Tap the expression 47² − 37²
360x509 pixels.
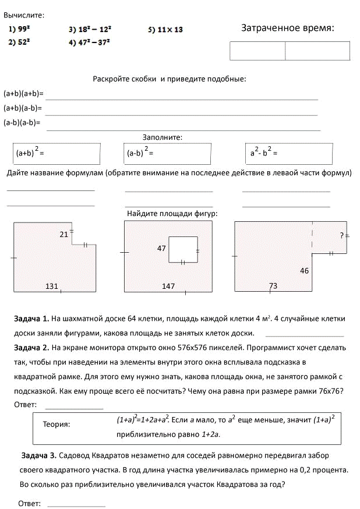pos(94,42)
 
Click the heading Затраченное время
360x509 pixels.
pos(288,28)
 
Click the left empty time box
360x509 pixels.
pos(257,51)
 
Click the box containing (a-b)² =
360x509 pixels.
pos(168,154)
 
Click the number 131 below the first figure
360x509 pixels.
pos(52,286)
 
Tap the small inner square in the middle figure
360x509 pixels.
pos(183,249)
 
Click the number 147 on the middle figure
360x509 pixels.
pos(168,286)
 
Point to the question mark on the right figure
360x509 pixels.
pos(342,236)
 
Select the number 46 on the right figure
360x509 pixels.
pos(304,271)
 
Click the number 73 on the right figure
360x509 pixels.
pos(273,286)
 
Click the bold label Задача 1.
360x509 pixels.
pos(31,319)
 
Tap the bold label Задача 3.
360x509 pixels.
pos(38,455)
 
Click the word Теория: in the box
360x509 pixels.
pos(57,424)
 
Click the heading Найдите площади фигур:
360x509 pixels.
pos(172,214)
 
